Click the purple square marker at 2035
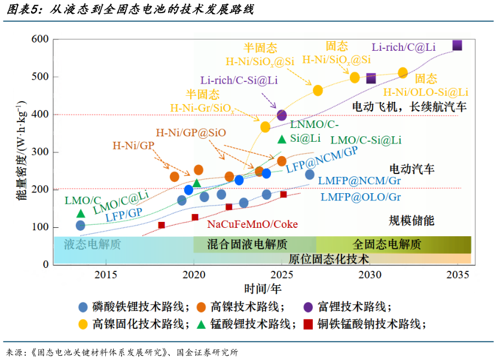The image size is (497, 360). click(458, 45)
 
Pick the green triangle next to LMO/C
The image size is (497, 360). click(81, 213)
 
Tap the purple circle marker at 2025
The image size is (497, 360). click(282, 115)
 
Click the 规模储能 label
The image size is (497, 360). click(411, 220)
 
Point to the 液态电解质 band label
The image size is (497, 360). click(93, 244)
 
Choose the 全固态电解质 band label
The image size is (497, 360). click(386, 244)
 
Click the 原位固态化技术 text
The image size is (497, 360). click(328, 259)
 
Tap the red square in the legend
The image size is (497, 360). click(308, 325)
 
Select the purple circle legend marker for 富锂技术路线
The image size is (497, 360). click(308, 307)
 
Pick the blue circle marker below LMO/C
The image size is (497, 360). click(81, 225)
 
